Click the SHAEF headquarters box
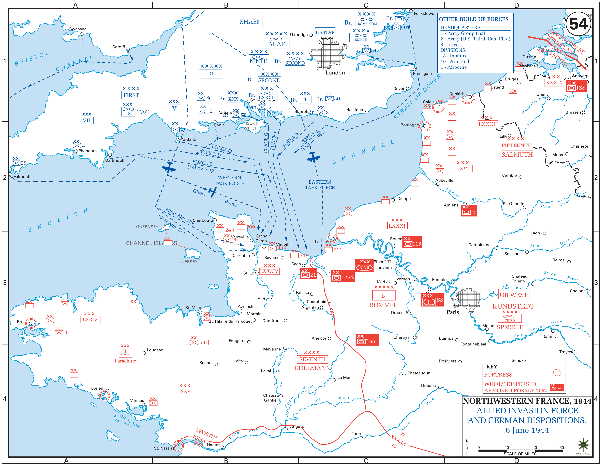tap(250, 22)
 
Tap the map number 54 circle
tap(578, 24)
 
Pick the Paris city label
tap(453, 312)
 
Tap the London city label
tap(335, 73)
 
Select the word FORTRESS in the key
tap(498, 375)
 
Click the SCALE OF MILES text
tap(520, 454)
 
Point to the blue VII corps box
tap(87, 120)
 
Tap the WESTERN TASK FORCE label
tap(229, 181)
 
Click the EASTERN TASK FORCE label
tap(320, 185)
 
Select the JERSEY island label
tap(190, 262)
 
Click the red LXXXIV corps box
tap(269, 271)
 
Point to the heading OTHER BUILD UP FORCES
tap(473, 19)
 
